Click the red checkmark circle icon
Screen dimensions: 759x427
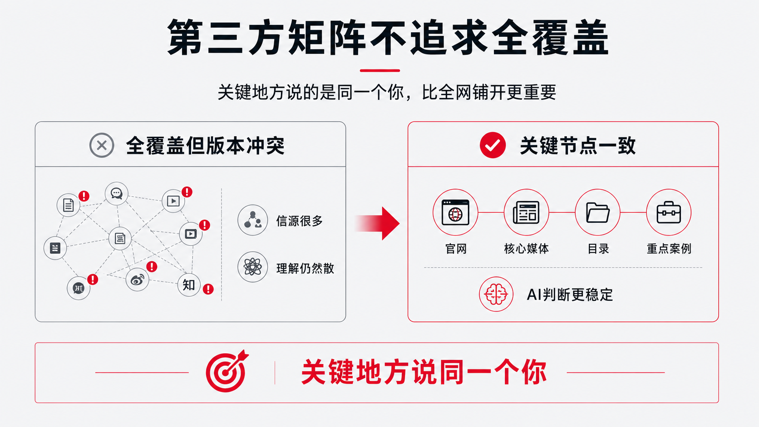point(493,145)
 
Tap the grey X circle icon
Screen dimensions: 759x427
point(102,145)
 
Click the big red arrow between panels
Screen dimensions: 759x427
point(378,224)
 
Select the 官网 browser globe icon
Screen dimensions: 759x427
point(455,212)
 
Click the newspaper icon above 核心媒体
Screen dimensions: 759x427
point(526,212)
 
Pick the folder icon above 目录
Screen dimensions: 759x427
point(598,212)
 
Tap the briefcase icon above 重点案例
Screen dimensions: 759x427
point(669,212)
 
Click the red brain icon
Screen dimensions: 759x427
point(496,294)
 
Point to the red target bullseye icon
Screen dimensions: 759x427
point(227,371)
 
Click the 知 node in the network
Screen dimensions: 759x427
point(189,285)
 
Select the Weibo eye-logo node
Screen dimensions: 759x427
point(137,280)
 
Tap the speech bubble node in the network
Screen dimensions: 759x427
point(117,193)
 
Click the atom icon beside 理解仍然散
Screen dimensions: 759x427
point(252,267)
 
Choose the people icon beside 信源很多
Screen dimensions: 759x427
point(252,220)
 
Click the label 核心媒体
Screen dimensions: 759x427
point(526,249)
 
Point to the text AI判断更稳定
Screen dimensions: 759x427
point(570,294)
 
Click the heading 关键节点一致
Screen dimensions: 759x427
point(578,146)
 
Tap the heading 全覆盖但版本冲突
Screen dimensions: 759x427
point(205,146)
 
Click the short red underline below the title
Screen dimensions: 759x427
point(380,70)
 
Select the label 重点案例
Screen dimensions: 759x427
point(669,249)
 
